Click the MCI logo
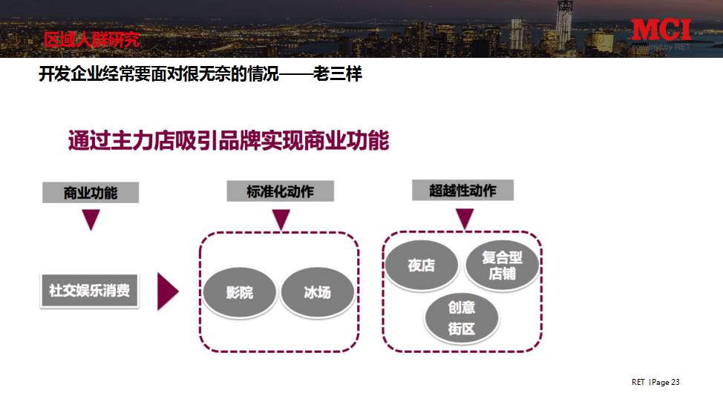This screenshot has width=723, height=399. click(x=661, y=30)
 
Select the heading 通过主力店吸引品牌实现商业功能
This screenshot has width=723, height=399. click(x=229, y=141)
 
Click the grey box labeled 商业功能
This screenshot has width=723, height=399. click(x=91, y=193)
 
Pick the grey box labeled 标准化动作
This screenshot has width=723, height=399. click(x=280, y=191)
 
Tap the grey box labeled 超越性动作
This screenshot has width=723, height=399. click(x=462, y=191)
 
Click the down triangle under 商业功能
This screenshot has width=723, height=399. click(x=91, y=220)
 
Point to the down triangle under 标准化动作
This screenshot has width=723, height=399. click(x=281, y=220)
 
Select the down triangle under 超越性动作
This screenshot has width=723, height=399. click(x=464, y=218)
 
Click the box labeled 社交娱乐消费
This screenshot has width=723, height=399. click(x=89, y=290)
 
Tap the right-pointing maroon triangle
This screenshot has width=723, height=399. click(x=167, y=291)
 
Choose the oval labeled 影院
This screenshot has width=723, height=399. click(x=239, y=292)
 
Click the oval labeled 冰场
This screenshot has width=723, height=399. click(x=317, y=292)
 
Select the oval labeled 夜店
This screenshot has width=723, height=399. click(x=421, y=266)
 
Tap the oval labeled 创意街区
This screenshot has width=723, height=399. click(x=461, y=317)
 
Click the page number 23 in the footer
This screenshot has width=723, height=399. click(x=675, y=382)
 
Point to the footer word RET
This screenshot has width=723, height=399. click(x=638, y=382)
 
